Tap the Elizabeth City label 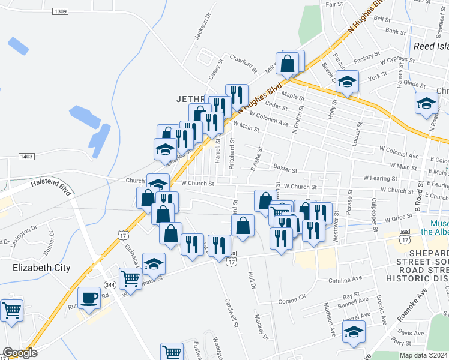[x=41, y=268]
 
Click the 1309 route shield [x=60, y=11]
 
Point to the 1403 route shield [x=26, y=156]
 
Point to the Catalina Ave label [x=345, y=279]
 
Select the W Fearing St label [x=382, y=178]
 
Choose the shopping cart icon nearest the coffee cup [x=131, y=278]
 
